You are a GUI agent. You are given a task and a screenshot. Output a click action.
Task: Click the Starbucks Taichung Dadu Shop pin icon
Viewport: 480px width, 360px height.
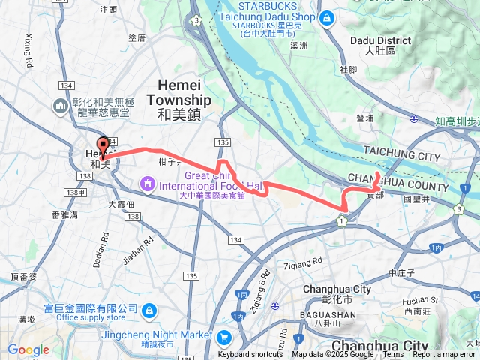(326, 17)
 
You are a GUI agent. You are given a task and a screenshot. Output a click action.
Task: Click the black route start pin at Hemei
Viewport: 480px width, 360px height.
(103, 145)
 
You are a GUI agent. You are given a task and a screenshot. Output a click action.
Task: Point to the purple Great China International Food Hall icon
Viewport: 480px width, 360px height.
(147, 183)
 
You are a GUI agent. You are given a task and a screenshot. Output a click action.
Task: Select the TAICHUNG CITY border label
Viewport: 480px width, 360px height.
(401, 155)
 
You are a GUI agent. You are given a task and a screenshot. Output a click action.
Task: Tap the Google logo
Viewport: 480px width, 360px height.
(28, 349)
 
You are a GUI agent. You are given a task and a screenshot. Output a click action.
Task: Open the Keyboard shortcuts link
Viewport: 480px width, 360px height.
(250, 355)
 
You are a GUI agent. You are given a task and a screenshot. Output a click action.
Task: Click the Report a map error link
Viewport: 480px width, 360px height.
(444, 355)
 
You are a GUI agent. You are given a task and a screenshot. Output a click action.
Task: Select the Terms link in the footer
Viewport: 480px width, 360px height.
(393, 355)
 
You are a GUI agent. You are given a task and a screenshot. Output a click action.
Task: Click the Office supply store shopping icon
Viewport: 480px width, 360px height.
(149, 309)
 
